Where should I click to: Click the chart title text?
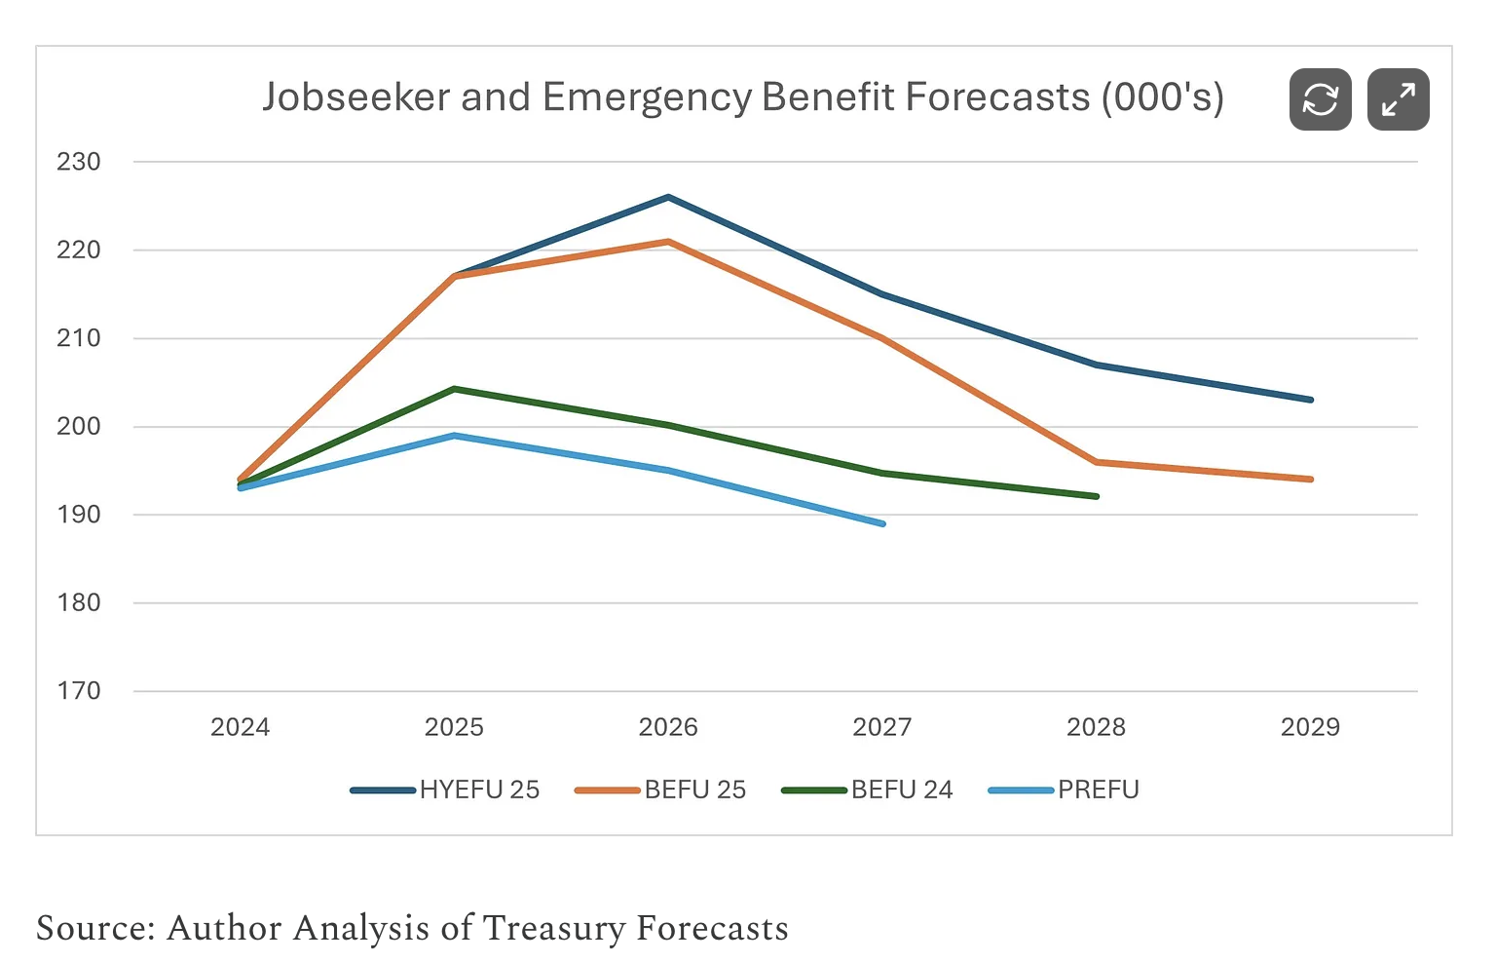[x=742, y=97]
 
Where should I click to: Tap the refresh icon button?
[x=1320, y=99]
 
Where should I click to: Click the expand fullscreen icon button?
[x=1398, y=99]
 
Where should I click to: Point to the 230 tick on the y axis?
[x=79, y=162]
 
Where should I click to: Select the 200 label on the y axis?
[x=79, y=426]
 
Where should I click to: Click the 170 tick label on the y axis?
[x=79, y=691]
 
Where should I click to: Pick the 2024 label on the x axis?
[x=240, y=727]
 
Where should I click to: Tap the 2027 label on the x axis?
[x=881, y=727]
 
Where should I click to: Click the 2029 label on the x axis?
[x=1310, y=727]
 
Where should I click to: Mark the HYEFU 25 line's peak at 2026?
[x=668, y=197]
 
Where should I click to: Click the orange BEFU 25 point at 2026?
[x=668, y=242]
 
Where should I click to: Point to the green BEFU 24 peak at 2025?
[x=454, y=389]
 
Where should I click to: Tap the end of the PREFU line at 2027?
[x=882, y=523]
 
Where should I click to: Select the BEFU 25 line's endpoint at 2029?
[x=1311, y=480]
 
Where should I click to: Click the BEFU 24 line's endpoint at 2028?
[x=1097, y=496]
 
